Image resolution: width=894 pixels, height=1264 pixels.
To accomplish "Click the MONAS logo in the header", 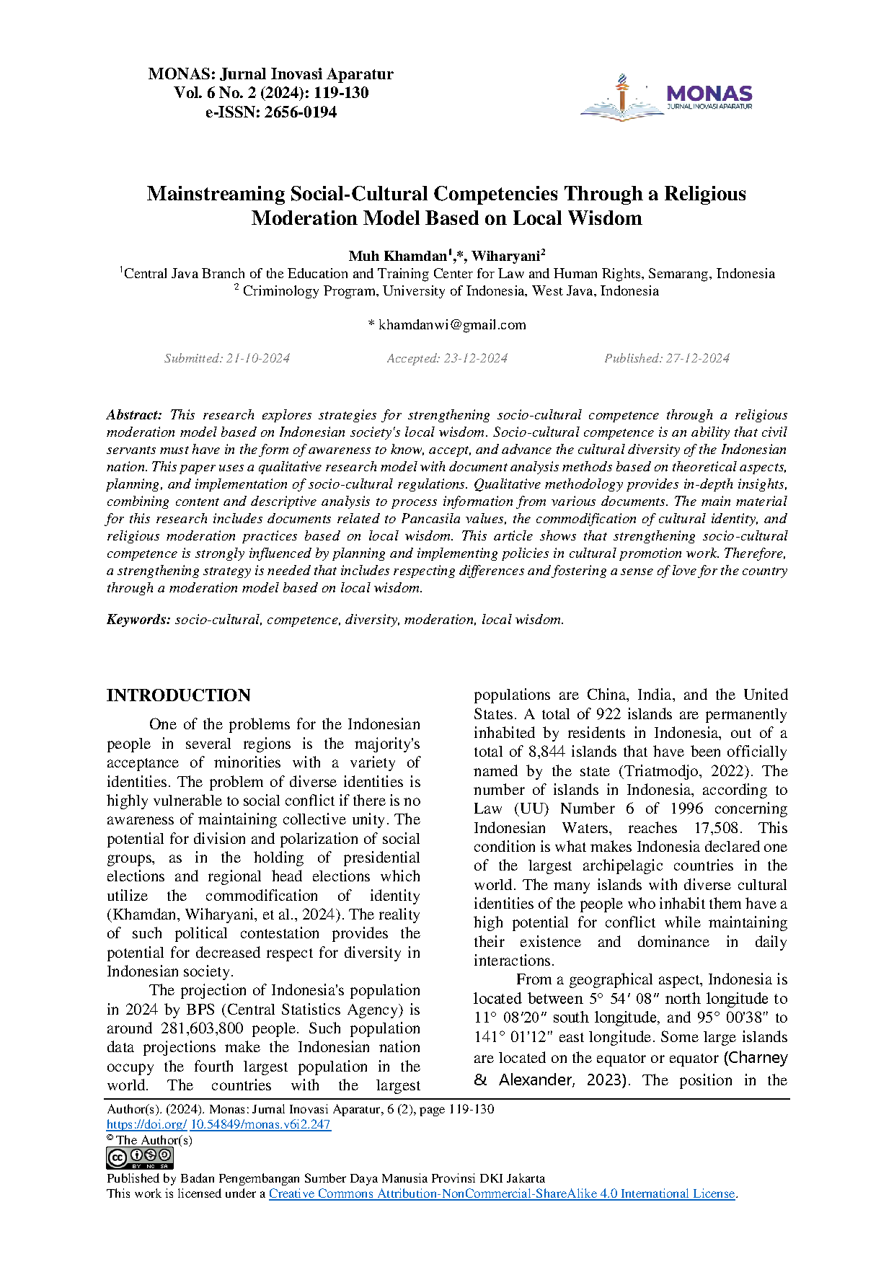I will tap(666, 97).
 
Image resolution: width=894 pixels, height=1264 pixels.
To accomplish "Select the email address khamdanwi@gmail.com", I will tap(452, 325).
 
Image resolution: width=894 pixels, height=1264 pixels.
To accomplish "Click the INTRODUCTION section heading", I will tap(179, 695).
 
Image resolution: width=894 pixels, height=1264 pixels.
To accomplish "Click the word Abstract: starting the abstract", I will tap(135, 415).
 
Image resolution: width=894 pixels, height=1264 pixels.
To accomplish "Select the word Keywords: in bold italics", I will tap(138, 620).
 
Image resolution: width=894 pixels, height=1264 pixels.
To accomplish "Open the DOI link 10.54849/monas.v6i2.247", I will tap(260, 1124).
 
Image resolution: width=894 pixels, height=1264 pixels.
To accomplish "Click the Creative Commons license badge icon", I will tap(140, 1157).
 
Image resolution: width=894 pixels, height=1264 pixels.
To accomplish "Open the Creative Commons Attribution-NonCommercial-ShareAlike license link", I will tap(502, 1193).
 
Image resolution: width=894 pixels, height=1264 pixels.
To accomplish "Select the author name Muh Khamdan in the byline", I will tap(397, 257).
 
